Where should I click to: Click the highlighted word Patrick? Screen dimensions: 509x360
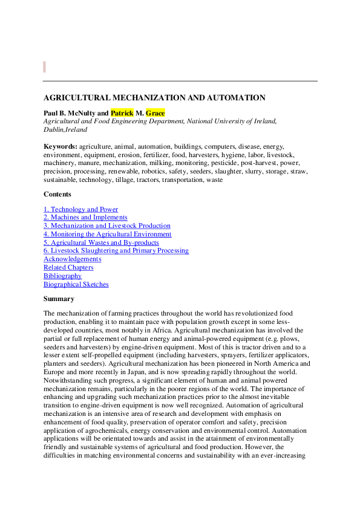(122, 112)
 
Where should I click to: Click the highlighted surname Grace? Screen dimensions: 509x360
(155, 112)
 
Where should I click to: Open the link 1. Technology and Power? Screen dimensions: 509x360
(80, 209)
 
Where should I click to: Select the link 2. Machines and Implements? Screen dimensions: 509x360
(85, 218)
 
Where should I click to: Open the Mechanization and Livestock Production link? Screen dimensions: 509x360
(106, 226)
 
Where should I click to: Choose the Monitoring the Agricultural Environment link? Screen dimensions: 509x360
(107, 234)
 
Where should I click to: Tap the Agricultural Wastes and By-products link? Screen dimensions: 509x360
(101, 242)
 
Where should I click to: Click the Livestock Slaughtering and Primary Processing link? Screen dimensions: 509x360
(116, 250)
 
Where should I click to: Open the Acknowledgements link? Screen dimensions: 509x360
(73, 259)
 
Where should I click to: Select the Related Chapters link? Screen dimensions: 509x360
(68, 267)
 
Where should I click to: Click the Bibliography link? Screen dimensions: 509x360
(62, 276)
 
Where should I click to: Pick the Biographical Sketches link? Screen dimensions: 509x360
(76, 284)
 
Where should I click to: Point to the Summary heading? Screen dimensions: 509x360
(59, 299)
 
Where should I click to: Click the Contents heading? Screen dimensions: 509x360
(57, 194)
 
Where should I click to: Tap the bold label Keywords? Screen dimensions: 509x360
(61, 146)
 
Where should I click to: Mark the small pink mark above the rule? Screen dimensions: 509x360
(44, 66)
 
